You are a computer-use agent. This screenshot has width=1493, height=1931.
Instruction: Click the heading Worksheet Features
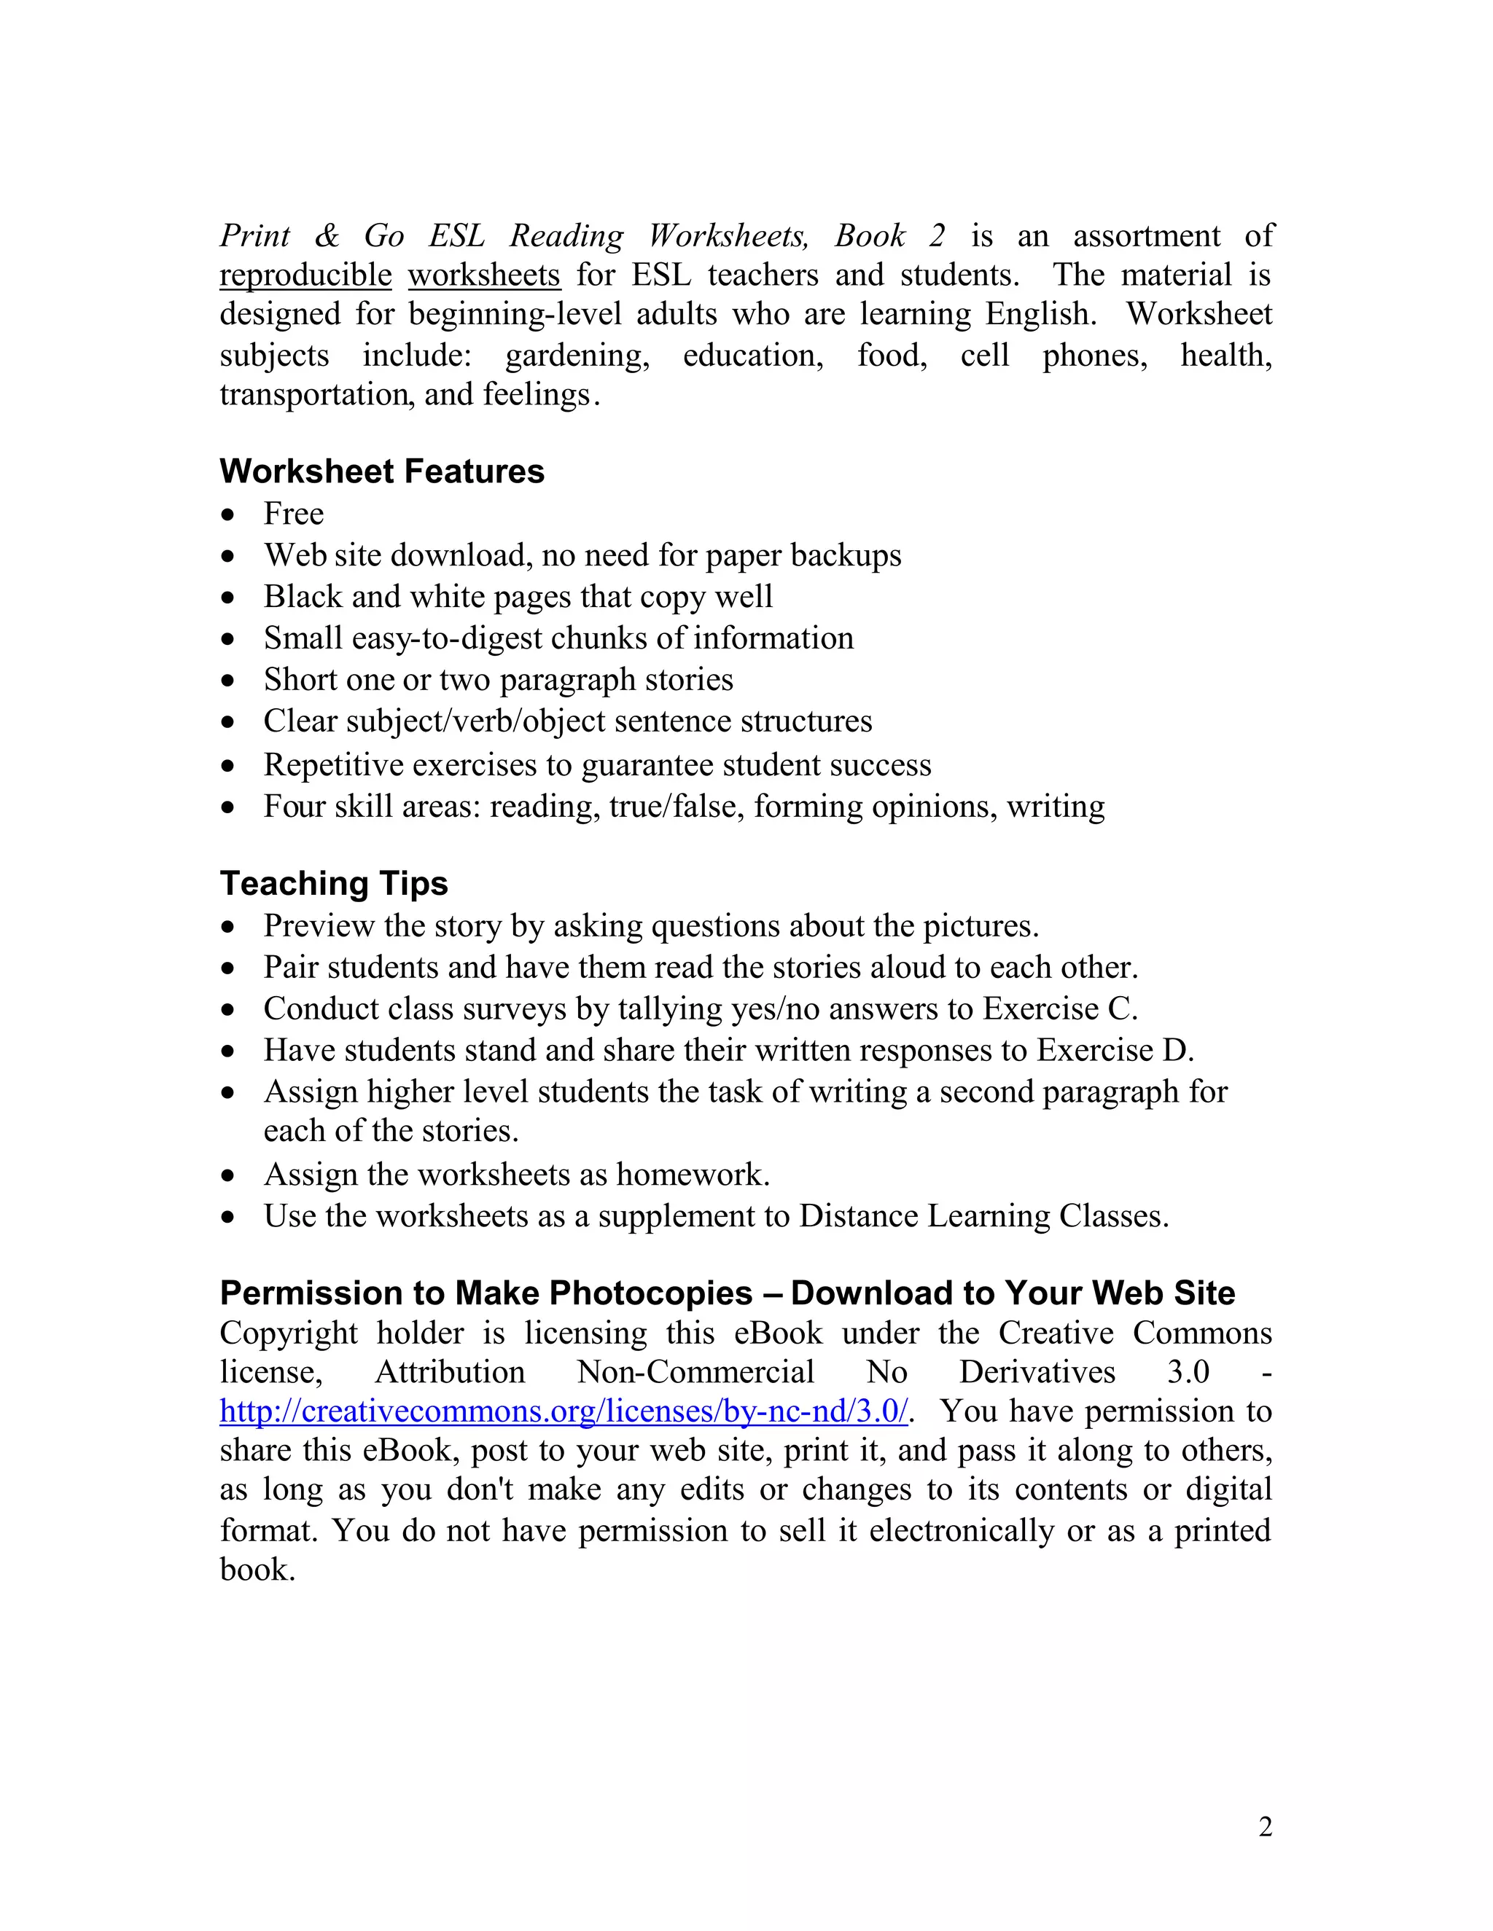(x=381, y=471)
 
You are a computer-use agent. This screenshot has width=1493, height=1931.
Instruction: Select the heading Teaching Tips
(x=333, y=883)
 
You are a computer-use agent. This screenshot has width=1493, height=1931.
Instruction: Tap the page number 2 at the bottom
(x=1265, y=1826)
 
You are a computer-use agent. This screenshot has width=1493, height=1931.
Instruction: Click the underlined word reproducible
(x=305, y=275)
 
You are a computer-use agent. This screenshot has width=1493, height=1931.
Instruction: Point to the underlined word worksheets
(x=484, y=275)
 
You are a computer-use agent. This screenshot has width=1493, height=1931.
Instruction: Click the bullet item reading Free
(x=294, y=514)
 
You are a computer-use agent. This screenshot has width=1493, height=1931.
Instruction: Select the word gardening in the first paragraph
(x=577, y=356)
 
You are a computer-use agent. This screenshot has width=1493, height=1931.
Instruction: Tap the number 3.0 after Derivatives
(x=1188, y=1371)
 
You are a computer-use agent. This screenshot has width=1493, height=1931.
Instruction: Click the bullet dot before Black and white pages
(x=229, y=598)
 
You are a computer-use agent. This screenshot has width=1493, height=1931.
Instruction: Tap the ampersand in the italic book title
(x=327, y=236)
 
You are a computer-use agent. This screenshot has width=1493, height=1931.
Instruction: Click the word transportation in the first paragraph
(x=314, y=394)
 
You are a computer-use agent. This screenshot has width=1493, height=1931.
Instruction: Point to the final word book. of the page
(x=257, y=1570)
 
